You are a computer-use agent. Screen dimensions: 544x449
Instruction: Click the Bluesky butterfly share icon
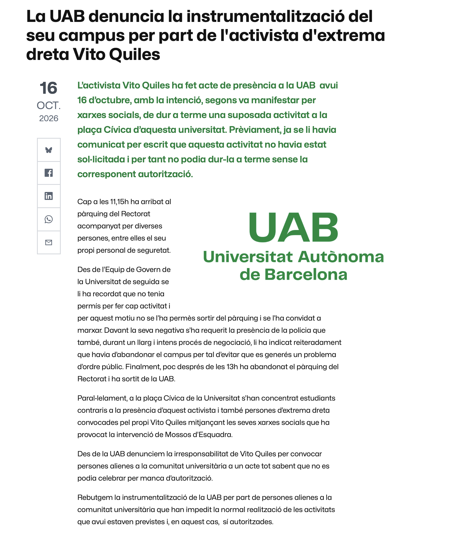(x=49, y=150)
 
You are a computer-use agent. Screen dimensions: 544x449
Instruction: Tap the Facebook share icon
(x=49, y=173)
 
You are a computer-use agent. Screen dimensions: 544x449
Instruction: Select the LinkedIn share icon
(x=49, y=196)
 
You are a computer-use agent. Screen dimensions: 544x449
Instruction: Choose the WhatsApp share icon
(x=49, y=219)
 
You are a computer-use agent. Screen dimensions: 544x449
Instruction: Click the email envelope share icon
(x=49, y=242)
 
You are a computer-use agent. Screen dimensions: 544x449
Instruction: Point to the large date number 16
(x=49, y=88)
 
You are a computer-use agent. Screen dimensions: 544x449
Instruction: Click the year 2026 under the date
(x=49, y=118)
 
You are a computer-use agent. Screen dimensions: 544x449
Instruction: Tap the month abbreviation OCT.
(x=49, y=106)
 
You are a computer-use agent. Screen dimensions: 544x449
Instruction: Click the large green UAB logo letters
(x=293, y=228)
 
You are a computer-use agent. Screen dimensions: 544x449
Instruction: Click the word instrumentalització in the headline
(x=264, y=16)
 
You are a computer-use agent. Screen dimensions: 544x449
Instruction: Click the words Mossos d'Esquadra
(x=199, y=434)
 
